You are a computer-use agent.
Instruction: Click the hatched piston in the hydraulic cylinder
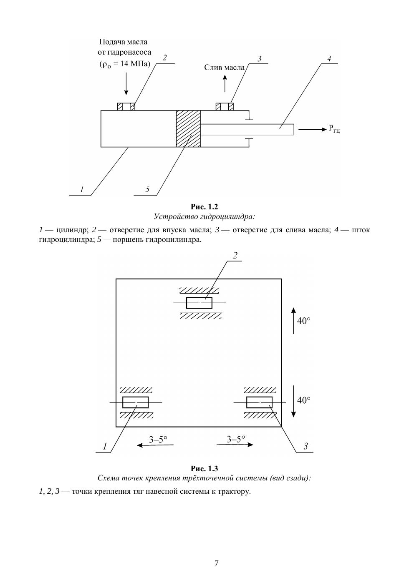pyautogui.click(x=188, y=128)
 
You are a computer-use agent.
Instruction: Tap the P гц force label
pyautogui.click(x=334, y=129)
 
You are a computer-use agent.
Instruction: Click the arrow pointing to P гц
pyautogui.click(x=313, y=130)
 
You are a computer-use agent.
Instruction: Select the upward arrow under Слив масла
pyautogui.click(x=225, y=83)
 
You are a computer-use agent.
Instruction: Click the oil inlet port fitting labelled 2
pyautogui.click(x=126, y=106)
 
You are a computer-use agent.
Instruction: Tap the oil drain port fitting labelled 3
pyautogui.click(x=225, y=106)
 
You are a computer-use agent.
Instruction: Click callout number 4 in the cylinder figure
pyautogui.click(x=329, y=59)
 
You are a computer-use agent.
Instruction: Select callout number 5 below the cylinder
pyautogui.click(x=147, y=190)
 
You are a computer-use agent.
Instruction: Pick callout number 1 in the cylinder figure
pyautogui.click(x=82, y=190)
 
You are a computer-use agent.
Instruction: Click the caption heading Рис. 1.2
pyautogui.click(x=204, y=207)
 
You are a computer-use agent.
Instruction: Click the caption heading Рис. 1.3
pyautogui.click(x=204, y=469)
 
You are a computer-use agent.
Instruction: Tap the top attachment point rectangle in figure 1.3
pyautogui.click(x=199, y=303)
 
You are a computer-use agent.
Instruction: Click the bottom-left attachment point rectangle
pyautogui.click(x=135, y=402)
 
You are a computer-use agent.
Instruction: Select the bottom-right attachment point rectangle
pyautogui.click(x=259, y=402)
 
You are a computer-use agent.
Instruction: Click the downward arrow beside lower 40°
pyautogui.click(x=293, y=401)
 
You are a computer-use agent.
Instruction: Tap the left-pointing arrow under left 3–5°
pyautogui.click(x=155, y=445)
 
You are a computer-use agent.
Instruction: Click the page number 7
pyautogui.click(x=217, y=563)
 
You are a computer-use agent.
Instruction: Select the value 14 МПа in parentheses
pyautogui.click(x=131, y=64)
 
